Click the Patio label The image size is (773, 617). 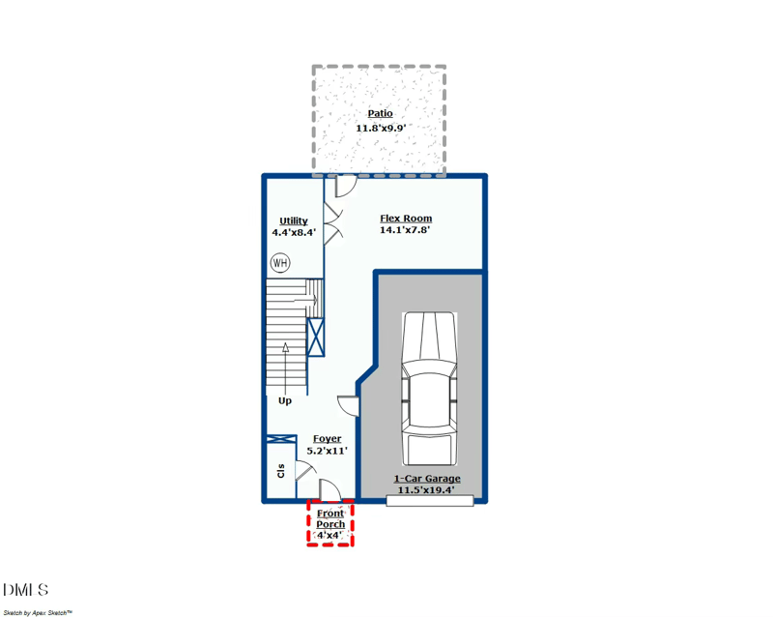380,113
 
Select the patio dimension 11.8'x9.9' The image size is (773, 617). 381,128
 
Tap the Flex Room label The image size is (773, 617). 406,219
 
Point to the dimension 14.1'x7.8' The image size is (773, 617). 405,229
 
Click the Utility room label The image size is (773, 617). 294,221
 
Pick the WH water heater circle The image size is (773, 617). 280,263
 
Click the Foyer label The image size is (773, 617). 327,439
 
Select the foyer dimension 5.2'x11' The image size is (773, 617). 327,451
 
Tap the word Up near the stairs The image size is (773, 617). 285,400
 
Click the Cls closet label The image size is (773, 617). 281,470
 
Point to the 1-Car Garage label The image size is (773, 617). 427,479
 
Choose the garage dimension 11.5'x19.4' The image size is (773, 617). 426,490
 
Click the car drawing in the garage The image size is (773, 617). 429,389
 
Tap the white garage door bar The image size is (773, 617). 429,501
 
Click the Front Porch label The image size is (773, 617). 330,518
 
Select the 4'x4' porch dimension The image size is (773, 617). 329,535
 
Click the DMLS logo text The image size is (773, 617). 26,590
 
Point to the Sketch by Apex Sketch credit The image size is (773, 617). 38,612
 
